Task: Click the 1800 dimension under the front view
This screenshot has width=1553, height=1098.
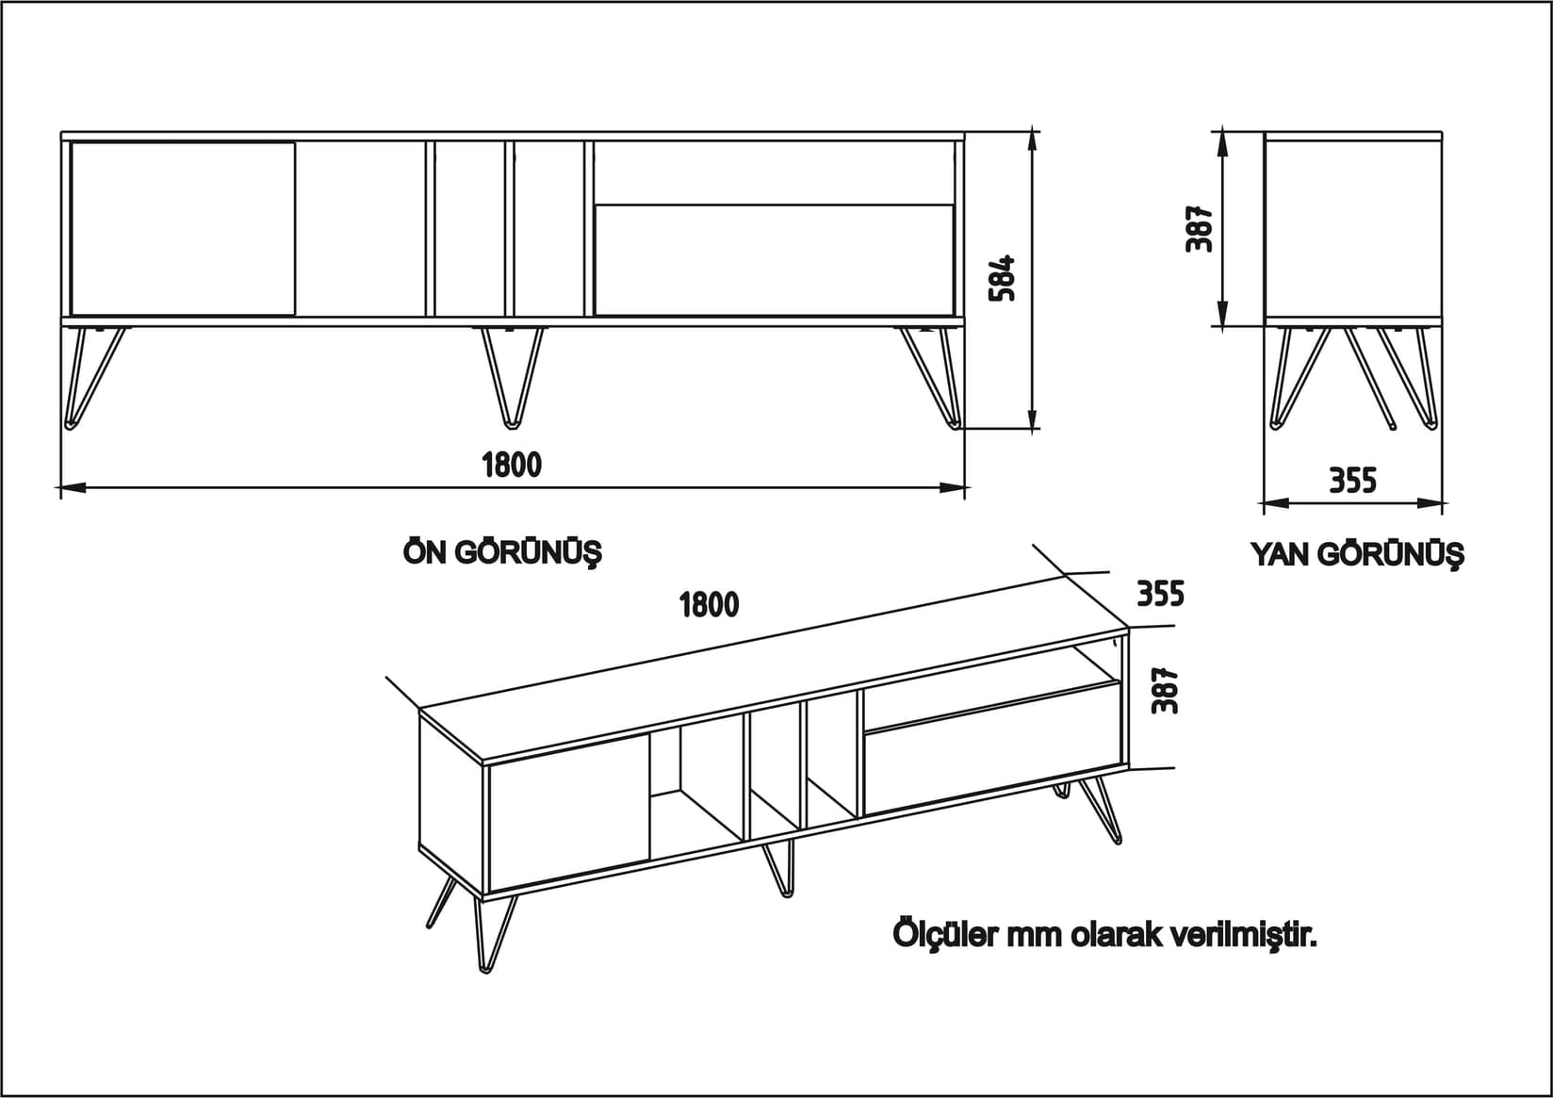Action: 512,465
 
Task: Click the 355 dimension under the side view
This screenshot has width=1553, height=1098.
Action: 1352,481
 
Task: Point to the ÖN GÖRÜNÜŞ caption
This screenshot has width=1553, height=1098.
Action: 502,551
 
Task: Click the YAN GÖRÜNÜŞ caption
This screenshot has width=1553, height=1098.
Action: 1357,554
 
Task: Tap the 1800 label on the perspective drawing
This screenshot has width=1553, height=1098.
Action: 710,604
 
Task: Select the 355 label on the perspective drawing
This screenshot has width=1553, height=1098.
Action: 1160,595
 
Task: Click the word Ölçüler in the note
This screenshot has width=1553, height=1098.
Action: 945,936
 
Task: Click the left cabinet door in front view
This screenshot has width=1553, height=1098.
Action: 183,228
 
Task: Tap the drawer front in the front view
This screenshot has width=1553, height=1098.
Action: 774,259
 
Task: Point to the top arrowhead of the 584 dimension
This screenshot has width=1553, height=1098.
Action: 1034,139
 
